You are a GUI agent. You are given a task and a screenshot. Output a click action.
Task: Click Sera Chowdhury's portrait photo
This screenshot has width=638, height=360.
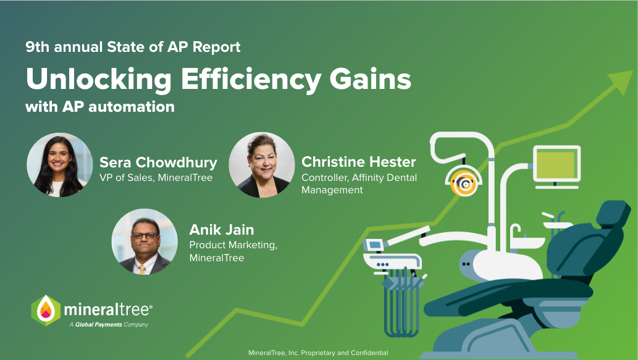click(x=59, y=165)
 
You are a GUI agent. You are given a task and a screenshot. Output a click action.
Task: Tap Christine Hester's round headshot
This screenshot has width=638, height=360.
click(x=261, y=165)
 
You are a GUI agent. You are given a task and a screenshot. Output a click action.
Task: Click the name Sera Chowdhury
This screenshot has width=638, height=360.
click(x=158, y=162)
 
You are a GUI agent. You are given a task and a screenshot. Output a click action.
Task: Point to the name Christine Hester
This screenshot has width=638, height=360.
click(x=358, y=162)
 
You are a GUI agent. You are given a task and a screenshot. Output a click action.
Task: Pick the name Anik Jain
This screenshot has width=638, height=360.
click(x=221, y=230)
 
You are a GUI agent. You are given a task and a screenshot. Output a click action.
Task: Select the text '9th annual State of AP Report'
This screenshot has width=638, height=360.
click(x=133, y=46)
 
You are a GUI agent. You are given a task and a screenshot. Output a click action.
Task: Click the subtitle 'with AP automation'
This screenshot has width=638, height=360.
click(x=99, y=107)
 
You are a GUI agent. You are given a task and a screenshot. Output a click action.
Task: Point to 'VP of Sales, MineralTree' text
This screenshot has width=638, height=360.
click(x=156, y=178)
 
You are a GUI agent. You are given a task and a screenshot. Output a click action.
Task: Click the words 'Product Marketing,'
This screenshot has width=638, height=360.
click(x=233, y=245)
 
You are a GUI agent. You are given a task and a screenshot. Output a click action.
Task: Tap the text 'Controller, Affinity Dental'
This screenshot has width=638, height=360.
click(x=359, y=178)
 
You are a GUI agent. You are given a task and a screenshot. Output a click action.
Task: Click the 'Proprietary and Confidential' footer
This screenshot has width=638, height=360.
click(x=317, y=353)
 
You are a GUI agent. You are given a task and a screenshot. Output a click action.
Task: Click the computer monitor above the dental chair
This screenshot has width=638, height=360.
click(x=557, y=165)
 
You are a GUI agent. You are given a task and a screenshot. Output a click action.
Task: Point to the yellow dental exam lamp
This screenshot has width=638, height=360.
click(x=464, y=182)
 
